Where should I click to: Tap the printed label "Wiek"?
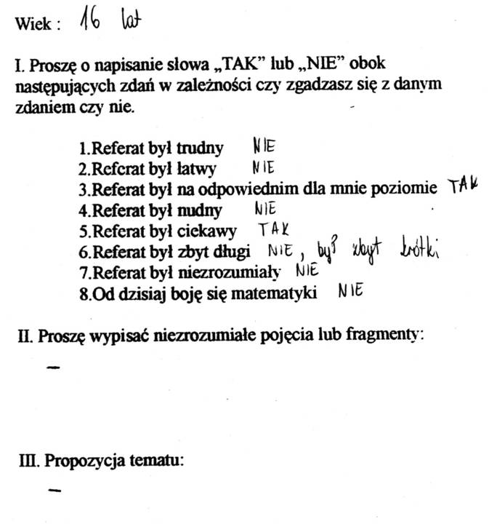33,24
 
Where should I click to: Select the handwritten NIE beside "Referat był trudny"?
264,146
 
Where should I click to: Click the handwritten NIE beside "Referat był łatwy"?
262,167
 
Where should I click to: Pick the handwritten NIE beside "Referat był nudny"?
267,210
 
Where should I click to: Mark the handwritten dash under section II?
52,368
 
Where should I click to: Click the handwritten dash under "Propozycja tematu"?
52,491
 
